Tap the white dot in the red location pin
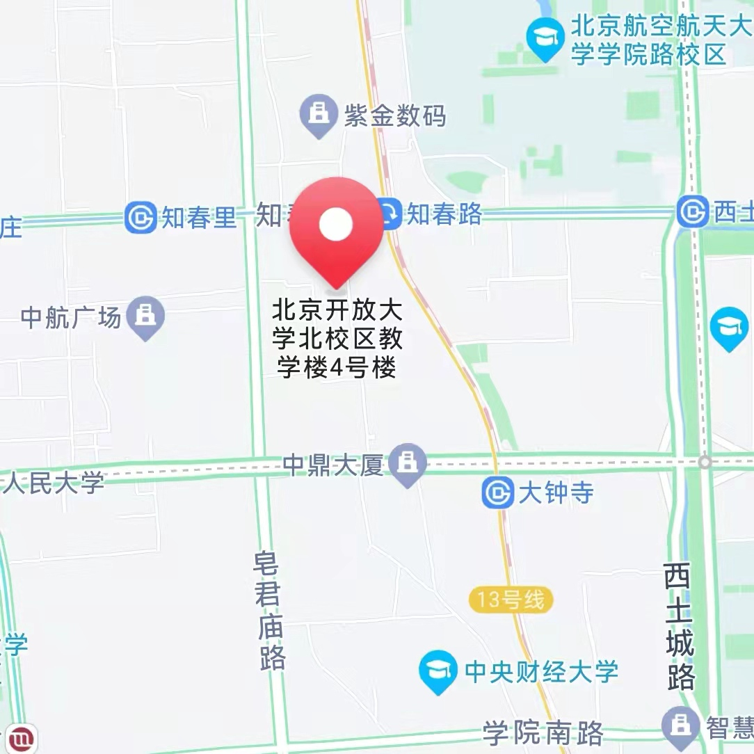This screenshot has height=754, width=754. pos(336,224)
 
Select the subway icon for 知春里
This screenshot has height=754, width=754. pos(141,218)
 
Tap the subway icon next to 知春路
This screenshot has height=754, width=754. pos(390,214)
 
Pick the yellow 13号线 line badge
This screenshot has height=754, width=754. pos(511,600)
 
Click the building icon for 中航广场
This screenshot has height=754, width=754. pos(145,316)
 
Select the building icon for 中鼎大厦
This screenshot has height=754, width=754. pos(408,463)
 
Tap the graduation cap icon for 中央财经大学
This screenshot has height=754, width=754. pos(439,671)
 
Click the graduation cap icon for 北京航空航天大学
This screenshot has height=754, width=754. pos(545,38)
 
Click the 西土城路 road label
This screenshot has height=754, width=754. pos(679,625)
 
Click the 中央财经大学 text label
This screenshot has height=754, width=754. pos(541,671)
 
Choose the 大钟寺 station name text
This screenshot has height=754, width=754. pos(556,493)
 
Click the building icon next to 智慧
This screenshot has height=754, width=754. pos(681,725)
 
